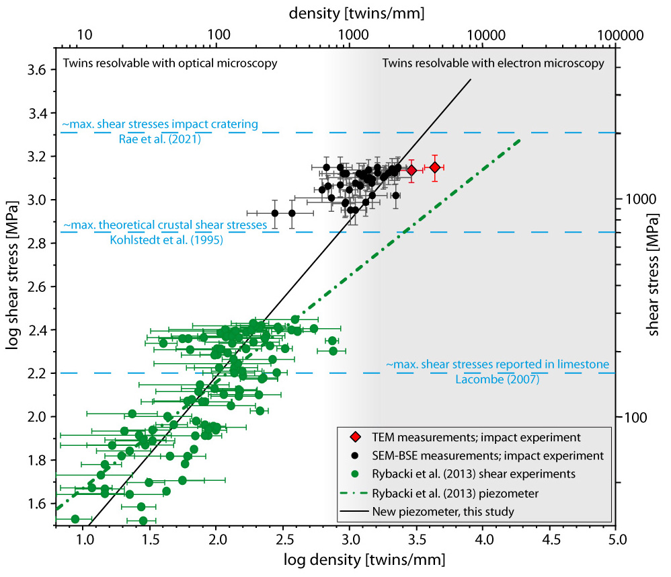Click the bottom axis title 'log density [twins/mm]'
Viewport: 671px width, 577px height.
(336, 559)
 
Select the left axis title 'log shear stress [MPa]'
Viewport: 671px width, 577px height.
(12, 284)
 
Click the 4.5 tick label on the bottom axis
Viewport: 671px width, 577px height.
(551, 539)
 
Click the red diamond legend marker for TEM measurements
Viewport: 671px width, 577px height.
(356, 438)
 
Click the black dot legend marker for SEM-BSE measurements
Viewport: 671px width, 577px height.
(356, 456)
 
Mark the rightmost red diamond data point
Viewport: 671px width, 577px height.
(435, 167)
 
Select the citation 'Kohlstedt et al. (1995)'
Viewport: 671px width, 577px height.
(160, 239)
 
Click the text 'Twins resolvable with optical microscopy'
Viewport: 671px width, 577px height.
(170, 63)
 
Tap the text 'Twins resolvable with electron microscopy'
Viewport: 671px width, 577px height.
(493, 63)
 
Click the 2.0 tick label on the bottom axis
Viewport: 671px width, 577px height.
(216, 539)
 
